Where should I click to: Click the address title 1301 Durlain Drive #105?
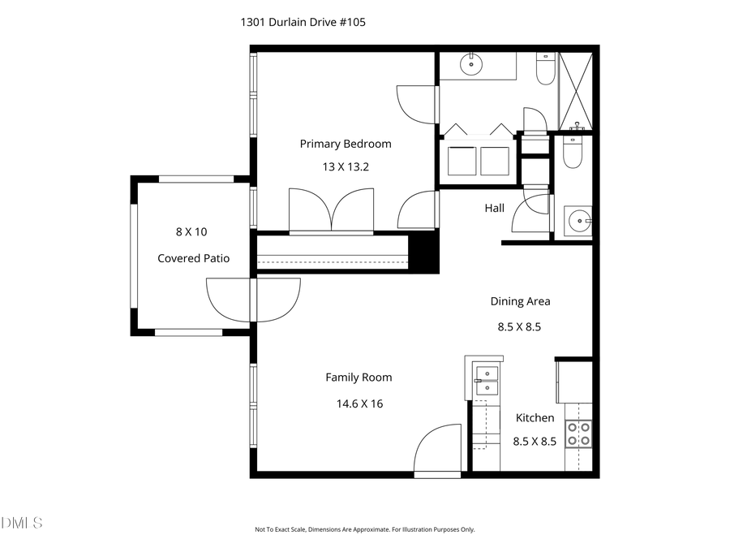pyautogui.click(x=303, y=23)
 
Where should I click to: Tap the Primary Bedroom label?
pyautogui.click(x=346, y=144)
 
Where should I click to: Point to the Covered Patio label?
pyautogui.click(x=193, y=258)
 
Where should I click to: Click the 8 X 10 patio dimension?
pyautogui.click(x=191, y=231)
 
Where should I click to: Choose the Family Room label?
pyautogui.click(x=359, y=377)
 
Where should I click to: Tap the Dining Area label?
pyautogui.click(x=520, y=301)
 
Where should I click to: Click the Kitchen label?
pyautogui.click(x=535, y=417)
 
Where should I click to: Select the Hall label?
pyautogui.click(x=495, y=208)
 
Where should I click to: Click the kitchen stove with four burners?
pyautogui.click(x=578, y=434)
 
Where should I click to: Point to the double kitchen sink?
pyautogui.click(x=487, y=380)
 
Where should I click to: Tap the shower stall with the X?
pyautogui.click(x=578, y=91)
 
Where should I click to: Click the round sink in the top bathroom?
pyautogui.click(x=470, y=63)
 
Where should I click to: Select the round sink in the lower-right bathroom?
pyautogui.click(x=579, y=220)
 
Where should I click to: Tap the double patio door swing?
pyautogui.click(x=253, y=299)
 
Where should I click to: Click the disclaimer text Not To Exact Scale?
pyautogui.click(x=364, y=529)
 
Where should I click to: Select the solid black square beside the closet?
pyautogui.click(x=423, y=252)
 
